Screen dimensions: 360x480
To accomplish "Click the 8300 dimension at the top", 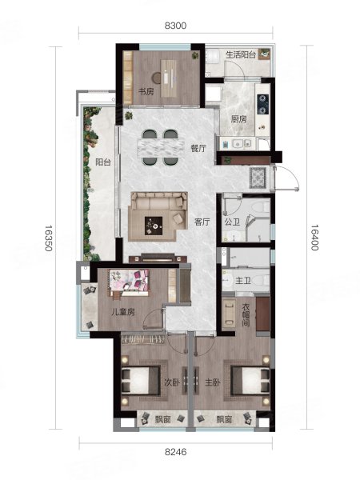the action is [175, 26].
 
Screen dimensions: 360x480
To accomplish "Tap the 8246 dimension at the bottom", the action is [175, 451].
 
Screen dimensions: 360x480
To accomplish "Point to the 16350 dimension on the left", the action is [49, 238].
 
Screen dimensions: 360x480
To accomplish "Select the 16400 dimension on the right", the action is [314, 238].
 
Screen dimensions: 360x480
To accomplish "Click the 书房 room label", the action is [146, 91].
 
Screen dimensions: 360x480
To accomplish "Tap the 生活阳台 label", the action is [241, 54].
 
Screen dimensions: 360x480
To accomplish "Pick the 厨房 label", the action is [238, 119].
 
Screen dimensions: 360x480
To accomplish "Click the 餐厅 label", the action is [198, 149].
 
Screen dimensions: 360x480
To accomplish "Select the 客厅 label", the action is [202, 222].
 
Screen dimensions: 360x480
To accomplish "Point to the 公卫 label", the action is [232, 222].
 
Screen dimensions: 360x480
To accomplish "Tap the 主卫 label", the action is [243, 280].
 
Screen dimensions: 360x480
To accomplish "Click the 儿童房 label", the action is [122, 312].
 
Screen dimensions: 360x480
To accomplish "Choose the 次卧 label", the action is [172, 382].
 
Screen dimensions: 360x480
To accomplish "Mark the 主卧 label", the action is [213, 382].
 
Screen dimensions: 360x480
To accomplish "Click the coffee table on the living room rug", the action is [154, 226].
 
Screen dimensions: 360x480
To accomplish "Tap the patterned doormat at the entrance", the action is [258, 178].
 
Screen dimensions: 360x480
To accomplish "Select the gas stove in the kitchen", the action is [262, 104].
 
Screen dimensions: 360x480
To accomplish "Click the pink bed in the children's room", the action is [129, 282].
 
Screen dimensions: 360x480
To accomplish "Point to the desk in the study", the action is [168, 78].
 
